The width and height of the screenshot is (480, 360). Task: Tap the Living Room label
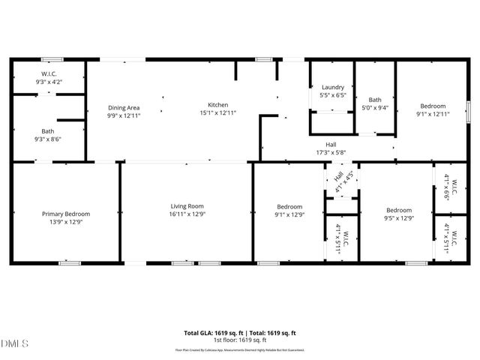point(187,206)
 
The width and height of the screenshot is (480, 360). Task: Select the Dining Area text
point(123,108)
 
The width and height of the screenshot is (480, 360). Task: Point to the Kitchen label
point(218,105)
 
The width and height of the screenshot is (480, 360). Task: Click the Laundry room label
point(332,88)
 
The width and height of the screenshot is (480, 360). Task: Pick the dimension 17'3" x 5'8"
point(330,152)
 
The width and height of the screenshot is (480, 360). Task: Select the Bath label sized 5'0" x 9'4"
point(375,99)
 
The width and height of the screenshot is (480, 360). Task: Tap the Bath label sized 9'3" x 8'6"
point(47,131)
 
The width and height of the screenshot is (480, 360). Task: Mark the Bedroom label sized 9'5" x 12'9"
point(398,210)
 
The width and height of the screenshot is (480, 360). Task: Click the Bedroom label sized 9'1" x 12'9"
point(289,207)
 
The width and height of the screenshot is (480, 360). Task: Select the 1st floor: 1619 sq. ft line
point(240,339)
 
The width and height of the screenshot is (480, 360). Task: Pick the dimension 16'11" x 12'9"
point(187,214)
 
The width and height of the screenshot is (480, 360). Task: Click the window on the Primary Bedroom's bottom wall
point(69,262)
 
